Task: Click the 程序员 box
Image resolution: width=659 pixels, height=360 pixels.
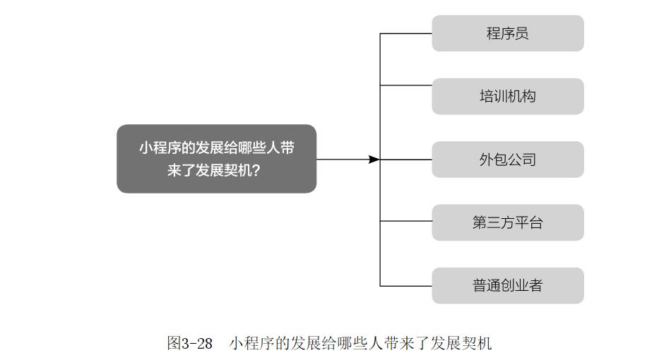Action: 508,33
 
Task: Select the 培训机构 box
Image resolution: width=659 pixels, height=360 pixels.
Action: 508,96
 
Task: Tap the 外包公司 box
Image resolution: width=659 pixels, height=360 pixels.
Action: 508,160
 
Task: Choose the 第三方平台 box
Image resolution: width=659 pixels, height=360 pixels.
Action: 508,222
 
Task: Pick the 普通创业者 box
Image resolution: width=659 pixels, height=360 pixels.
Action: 508,285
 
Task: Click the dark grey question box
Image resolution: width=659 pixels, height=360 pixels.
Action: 216,159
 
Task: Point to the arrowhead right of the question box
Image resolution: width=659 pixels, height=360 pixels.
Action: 374,160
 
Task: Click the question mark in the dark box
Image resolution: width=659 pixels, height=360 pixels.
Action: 256,170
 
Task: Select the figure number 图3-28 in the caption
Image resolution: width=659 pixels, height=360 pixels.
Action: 190,344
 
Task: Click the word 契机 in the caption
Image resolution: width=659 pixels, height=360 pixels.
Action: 477,344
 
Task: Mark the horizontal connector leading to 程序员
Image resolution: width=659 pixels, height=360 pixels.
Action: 406,33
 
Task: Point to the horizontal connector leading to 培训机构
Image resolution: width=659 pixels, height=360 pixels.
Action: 406,85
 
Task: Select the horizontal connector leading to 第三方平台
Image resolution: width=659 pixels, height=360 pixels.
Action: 406,221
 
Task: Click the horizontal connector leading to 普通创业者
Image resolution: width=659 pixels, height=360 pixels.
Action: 406,286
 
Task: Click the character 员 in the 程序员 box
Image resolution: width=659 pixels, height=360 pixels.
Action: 522,33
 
